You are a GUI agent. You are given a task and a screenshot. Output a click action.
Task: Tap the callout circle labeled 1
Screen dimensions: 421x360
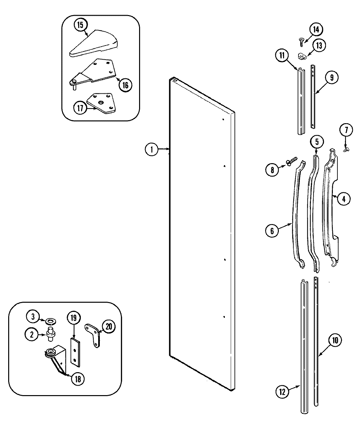point(151,150)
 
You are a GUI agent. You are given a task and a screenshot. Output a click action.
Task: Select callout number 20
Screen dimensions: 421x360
point(109,327)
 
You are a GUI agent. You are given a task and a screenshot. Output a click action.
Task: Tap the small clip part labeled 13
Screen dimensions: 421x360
point(302,56)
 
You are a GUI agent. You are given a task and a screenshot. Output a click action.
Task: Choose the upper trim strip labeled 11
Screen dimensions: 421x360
point(300,102)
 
